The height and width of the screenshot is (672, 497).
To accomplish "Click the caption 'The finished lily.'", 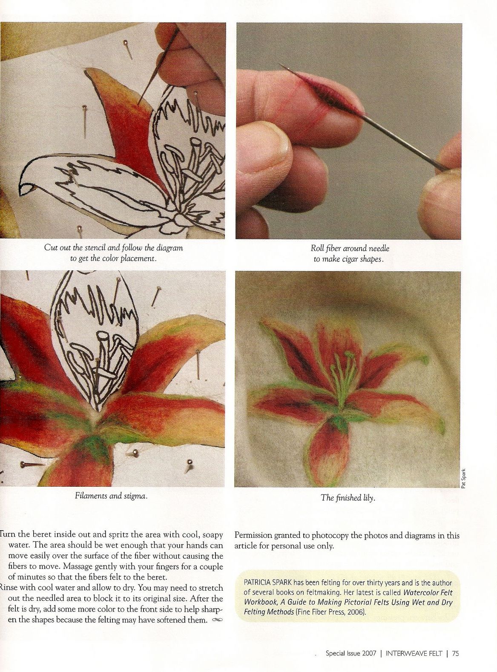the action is (x=348, y=498).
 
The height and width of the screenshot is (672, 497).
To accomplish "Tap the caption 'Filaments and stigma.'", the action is (x=111, y=496).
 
